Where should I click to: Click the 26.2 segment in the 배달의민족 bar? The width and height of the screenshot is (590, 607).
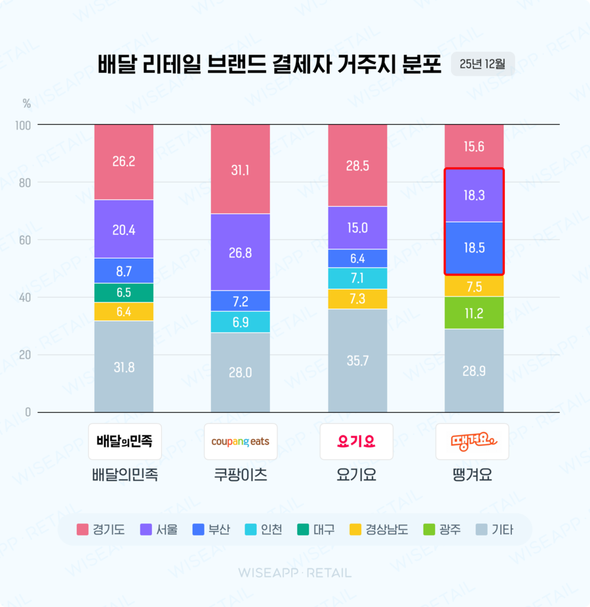(124, 161)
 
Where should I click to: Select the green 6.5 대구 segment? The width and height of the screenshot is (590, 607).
(124, 293)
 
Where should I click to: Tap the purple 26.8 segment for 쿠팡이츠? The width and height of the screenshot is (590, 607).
(241, 252)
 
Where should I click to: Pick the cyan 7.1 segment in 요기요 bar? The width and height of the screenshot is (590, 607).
(357, 278)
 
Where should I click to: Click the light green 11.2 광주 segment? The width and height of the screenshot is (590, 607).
(474, 313)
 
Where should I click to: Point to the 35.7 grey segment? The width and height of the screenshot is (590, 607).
(357, 360)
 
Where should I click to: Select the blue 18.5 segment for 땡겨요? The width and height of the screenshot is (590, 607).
(474, 248)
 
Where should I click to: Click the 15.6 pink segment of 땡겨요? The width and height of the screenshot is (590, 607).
(474, 146)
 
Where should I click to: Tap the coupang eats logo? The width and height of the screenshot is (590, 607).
(241, 442)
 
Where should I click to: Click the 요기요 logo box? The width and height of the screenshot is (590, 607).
(357, 442)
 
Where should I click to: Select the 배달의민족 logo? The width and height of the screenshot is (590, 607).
(125, 442)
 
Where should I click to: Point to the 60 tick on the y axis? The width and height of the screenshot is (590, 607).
(24, 240)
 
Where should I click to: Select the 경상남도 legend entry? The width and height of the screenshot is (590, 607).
(378, 530)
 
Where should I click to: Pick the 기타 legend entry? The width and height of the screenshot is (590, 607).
(494, 530)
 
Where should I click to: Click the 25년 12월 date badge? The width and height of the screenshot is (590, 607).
(482, 64)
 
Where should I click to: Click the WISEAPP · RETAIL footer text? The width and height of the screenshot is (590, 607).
(295, 573)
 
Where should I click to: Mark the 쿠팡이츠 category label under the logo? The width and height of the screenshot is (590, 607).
(241, 475)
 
